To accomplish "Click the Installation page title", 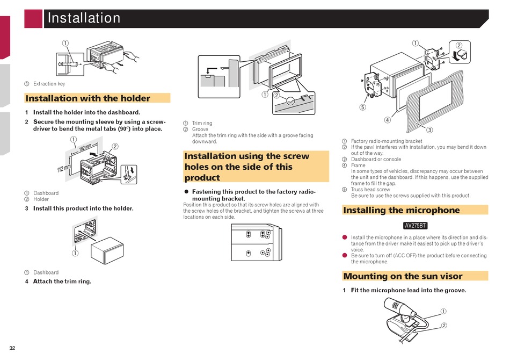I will [x=84, y=18].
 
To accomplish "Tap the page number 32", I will [x=12, y=348].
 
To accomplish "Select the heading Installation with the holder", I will [x=88, y=98].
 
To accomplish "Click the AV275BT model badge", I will [x=416, y=226].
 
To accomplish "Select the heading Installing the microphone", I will [x=402, y=210].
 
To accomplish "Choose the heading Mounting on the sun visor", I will [x=403, y=276].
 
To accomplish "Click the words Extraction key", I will [x=49, y=84].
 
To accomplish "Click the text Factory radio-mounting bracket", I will [x=387, y=141].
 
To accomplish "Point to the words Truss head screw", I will [x=370, y=190].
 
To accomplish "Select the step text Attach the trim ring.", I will [x=62, y=281].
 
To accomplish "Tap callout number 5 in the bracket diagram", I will [x=362, y=107].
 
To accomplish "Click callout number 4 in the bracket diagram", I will [x=387, y=120].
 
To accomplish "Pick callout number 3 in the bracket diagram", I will [x=429, y=129].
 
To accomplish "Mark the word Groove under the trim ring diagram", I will [x=200, y=129].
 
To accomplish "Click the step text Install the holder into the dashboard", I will [x=86, y=112].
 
